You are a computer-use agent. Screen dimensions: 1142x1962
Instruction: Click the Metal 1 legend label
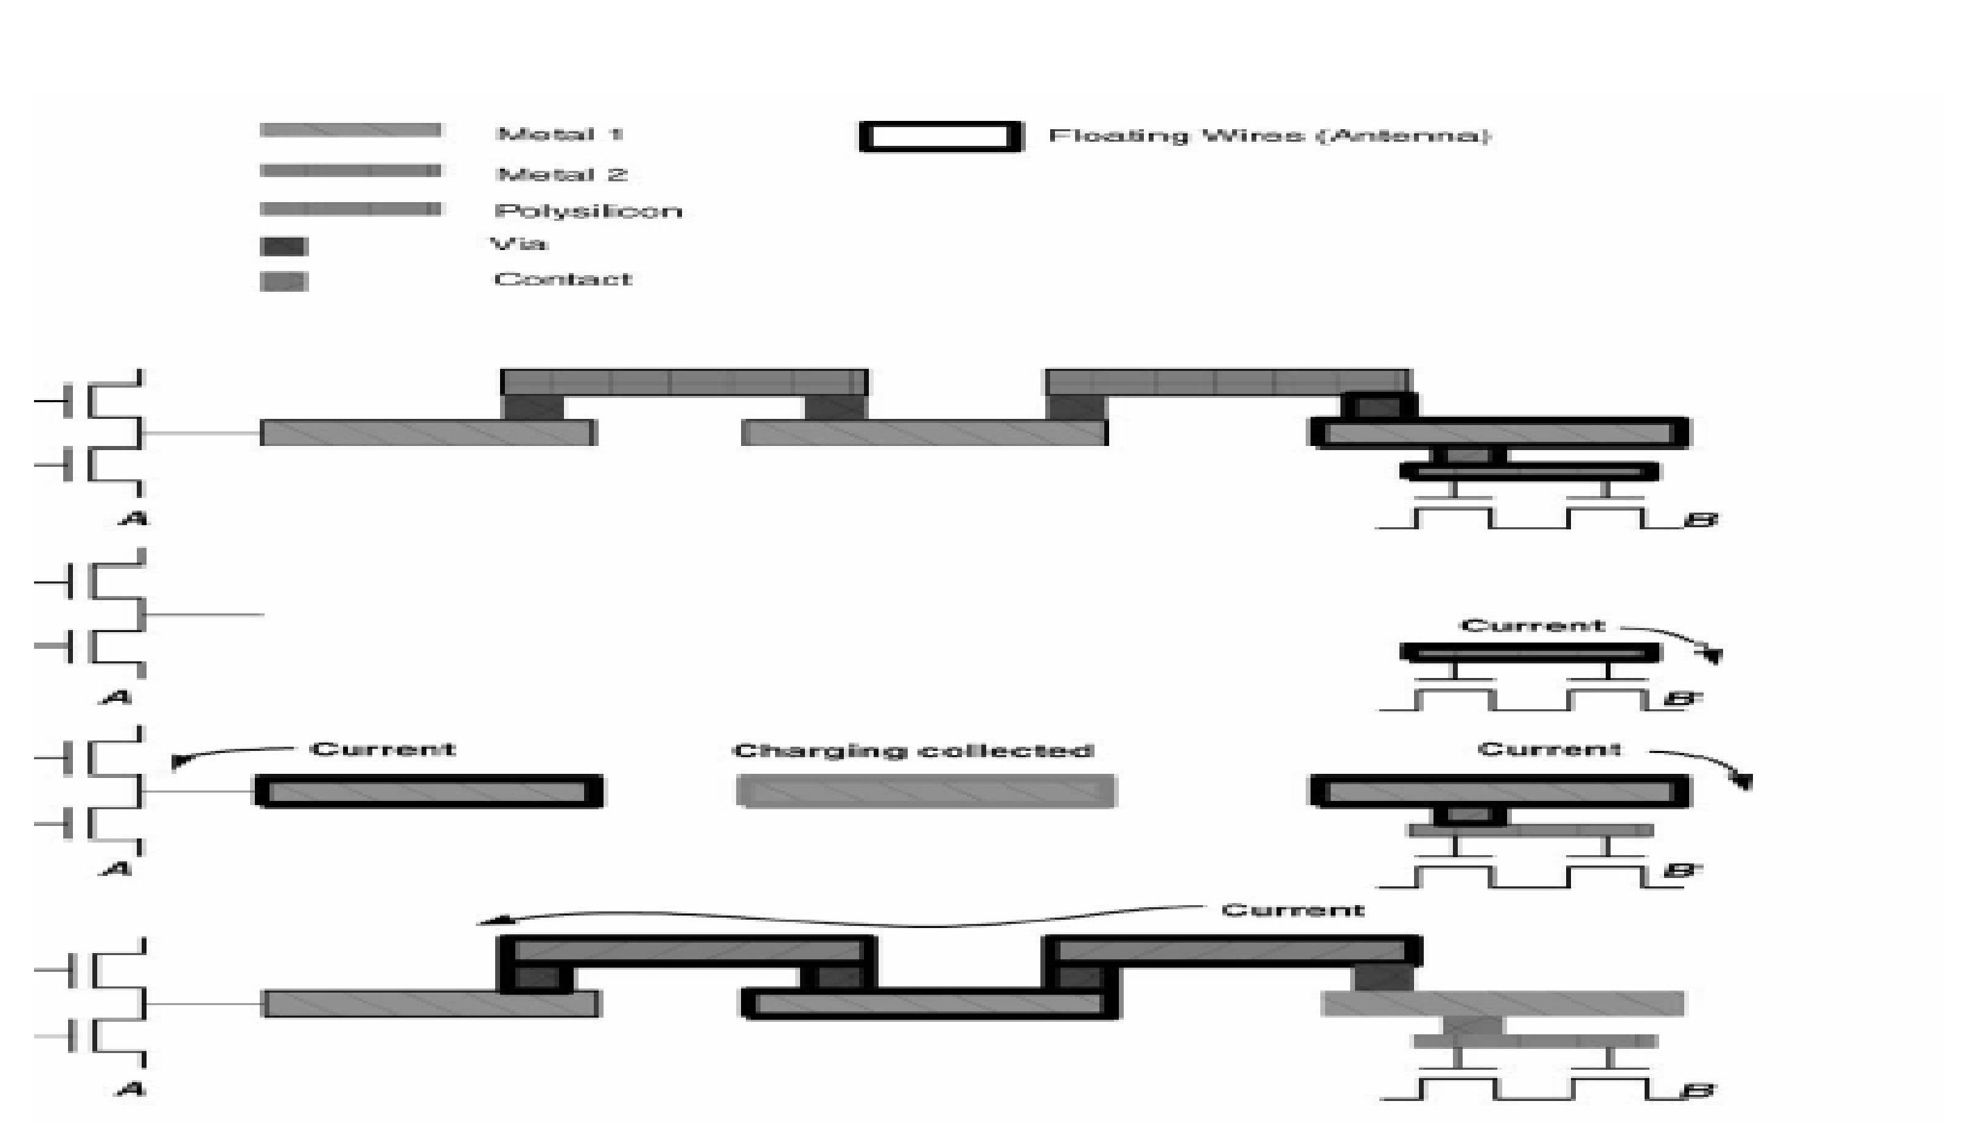(x=559, y=134)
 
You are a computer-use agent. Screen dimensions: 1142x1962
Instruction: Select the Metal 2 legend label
(x=561, y=174)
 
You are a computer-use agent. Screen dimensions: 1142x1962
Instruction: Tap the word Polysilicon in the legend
(x=588, y=211)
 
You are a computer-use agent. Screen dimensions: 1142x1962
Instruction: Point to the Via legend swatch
(x=283, y=247)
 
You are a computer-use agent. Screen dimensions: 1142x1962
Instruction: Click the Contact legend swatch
(x=283, y=281)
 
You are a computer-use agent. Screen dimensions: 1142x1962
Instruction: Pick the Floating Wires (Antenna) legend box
(x=940, y=137)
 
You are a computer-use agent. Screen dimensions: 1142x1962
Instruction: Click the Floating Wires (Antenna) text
(x=1269, y=136)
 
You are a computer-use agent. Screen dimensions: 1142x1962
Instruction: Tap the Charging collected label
(x=913, y=750)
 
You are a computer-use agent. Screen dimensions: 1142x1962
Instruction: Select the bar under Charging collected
(x=926, y=791)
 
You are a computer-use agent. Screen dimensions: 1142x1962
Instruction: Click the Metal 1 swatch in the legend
(x=350, y=130)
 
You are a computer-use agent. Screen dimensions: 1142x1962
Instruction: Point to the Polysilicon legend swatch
(x=350, y=208)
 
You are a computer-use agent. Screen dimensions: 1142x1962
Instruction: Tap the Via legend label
(x=519, y=244)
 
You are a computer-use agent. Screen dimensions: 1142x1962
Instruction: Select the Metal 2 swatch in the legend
(x=350, y=170)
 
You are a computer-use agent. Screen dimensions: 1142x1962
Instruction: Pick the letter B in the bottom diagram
(x=1699, y=1091)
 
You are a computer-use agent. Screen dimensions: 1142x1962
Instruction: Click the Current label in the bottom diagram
(x=1292, y=910)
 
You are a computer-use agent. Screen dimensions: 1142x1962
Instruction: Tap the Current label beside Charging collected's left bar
(x=383, y=749)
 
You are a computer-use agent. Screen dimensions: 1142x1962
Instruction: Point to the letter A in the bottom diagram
(x=131, y=1089)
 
